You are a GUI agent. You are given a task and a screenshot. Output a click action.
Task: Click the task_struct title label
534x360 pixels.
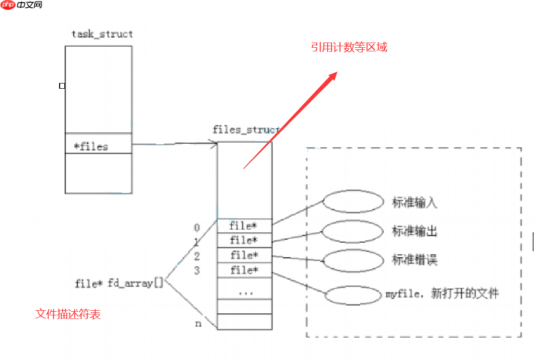click(x=102, y=34)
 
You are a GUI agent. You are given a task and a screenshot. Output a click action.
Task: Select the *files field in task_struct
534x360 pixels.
click(x=91, y=147)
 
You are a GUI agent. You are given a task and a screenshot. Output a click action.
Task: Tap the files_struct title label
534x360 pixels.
click(x=246, y=130)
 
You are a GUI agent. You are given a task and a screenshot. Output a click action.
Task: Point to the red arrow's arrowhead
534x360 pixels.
click(x=333, y=76)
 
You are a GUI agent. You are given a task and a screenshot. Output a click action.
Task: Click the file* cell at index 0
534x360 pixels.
click(x=243, y=226)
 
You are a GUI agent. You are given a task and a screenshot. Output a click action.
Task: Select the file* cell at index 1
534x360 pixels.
click(x=244, y=241)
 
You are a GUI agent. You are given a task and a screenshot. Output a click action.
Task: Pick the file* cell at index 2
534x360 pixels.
click(x=244, y=255)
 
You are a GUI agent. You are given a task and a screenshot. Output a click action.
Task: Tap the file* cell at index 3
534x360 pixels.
click(x=244, y=270)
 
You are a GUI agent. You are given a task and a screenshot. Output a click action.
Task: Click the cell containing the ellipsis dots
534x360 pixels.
click(x=244, y=292)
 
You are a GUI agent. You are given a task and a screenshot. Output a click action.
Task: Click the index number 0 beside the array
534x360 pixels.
click(x=197, y=228)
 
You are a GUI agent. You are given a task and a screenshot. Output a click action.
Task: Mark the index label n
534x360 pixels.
click(x=198, y=324)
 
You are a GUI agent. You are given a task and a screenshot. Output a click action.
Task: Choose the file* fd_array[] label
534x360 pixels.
click(x=119, y=284)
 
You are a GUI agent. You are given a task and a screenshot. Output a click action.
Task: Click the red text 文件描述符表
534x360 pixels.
click(x=68, y=314)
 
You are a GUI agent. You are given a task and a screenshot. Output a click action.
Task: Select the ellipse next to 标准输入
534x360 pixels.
click(x=353, y=202)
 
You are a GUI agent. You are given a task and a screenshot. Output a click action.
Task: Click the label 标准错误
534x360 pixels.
click(x=415, y=260)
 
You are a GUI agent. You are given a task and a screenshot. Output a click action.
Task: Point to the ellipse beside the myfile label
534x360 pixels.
click(x=353, y=295)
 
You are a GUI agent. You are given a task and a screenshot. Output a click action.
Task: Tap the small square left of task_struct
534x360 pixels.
click(x=62, y=86)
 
